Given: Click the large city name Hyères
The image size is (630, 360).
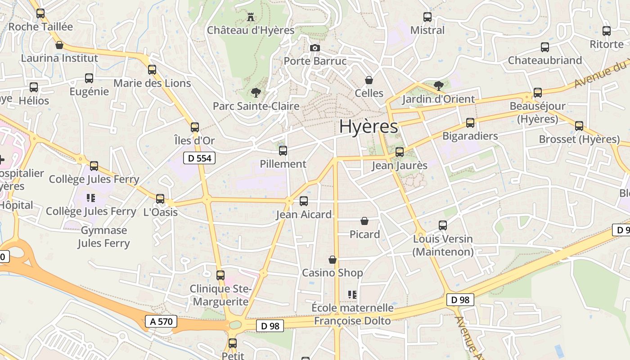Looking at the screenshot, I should (x=369, y=127).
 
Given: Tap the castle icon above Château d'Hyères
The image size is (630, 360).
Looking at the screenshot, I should (x=251, y=18).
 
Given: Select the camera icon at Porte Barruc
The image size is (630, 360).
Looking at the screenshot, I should (x=315, y=48).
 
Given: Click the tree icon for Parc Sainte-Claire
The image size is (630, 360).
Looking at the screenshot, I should (x=256, y=93).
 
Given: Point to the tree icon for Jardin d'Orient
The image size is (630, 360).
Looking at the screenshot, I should (x=438, y=85).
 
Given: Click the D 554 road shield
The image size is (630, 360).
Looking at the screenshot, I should (x=199, y=158).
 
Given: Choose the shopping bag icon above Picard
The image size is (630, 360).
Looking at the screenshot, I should (x=364, y=221).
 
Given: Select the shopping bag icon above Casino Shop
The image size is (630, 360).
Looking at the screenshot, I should (x=333, y=260).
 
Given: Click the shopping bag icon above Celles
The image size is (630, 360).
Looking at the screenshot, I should (x=369, y=80).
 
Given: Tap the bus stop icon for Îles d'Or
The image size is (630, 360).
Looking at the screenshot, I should (x=195, y=127).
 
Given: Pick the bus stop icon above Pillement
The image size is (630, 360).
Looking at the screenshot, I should (x=283, y=151).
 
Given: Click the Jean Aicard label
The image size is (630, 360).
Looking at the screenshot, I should (x=304, y=215).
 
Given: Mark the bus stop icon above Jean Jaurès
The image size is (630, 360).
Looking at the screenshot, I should (x=400, y=152).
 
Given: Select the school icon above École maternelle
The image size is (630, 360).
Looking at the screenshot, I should (x=352, y=295).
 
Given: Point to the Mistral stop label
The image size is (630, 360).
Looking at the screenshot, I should (x=427, y=30).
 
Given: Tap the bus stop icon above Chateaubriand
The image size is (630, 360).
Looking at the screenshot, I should (x=545, y=47).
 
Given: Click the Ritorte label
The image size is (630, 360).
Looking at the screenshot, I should (x=607, y=44).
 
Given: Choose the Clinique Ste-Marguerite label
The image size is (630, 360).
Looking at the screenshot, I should (x=220, y=295).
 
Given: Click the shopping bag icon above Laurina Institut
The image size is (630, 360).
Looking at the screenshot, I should (x=59, y=45).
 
